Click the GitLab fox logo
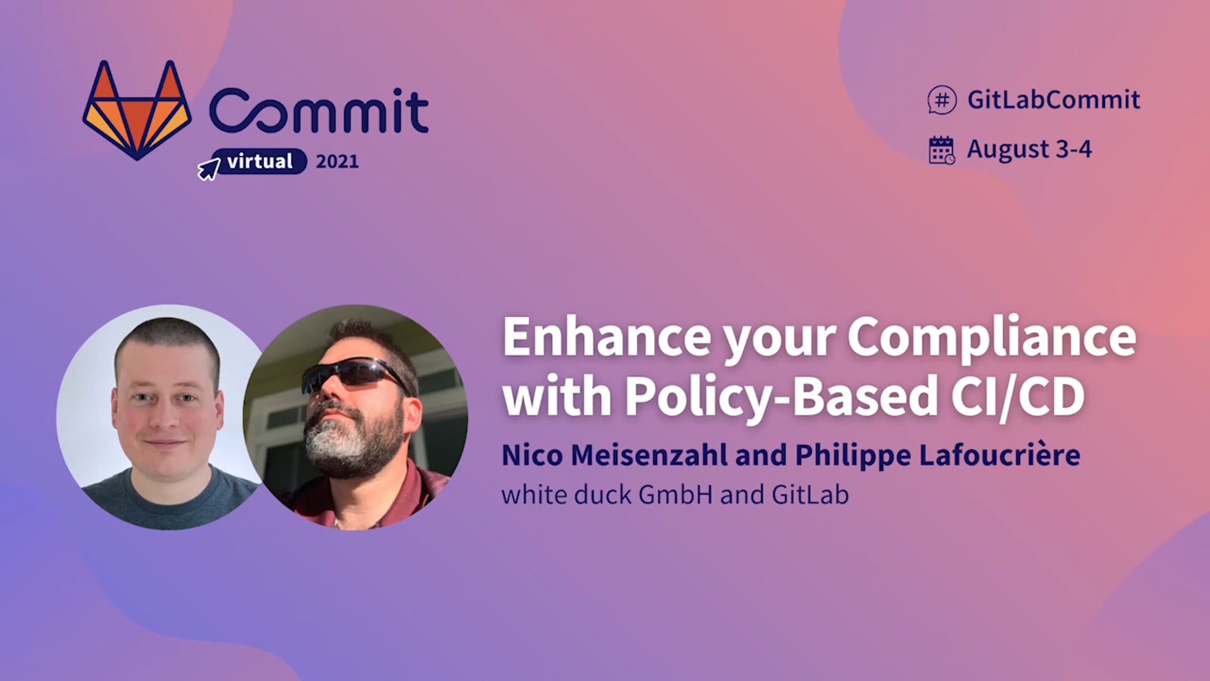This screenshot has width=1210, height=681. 137,110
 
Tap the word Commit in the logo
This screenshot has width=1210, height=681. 319,110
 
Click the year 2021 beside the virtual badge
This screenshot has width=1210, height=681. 337,161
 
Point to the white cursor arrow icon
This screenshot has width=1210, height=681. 209,168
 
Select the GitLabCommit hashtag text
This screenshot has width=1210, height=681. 1054,100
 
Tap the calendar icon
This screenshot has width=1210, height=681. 941,150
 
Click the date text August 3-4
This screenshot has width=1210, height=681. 1029,149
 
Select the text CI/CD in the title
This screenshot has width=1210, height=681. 1018,396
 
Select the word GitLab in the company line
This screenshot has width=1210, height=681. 810,494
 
